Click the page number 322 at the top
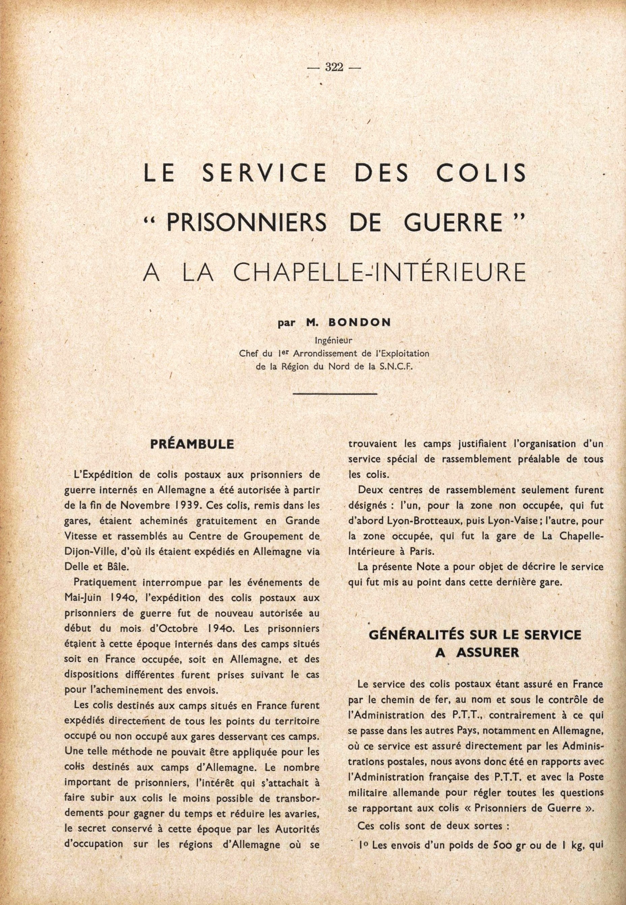334,68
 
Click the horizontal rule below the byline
334,393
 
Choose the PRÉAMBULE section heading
192,444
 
